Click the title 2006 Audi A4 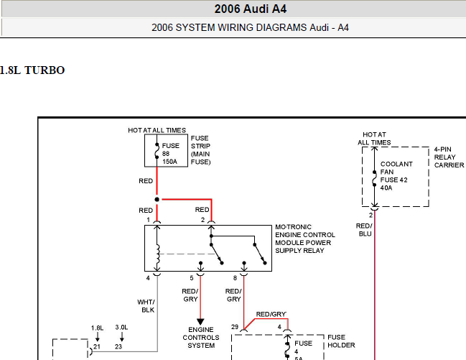[x=251, y=9]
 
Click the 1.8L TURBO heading [x=32, y=70]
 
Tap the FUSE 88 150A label [x=171, y=154]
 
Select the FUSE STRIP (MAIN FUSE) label [x=200, y=150]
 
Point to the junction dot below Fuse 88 [x=157, y=199]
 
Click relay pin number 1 [x=148, y=220]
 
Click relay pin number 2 [x=202, y=220]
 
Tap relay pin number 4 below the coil [x=148, y=278]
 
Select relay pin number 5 [x=192, y=278]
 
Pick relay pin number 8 [x=235, y=278]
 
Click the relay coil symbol [x=158, y=254]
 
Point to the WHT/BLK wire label [x=146, y=306]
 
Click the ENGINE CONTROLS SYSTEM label [x=201, y=338]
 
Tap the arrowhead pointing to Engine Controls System [x=200, y=322]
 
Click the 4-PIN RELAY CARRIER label [x=449, y=157]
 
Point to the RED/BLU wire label [x=364, y=230]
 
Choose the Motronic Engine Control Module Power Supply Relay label [x=305, y=239]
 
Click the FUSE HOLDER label [x=341, y=341]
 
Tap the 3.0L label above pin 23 [x=121, y=328]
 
